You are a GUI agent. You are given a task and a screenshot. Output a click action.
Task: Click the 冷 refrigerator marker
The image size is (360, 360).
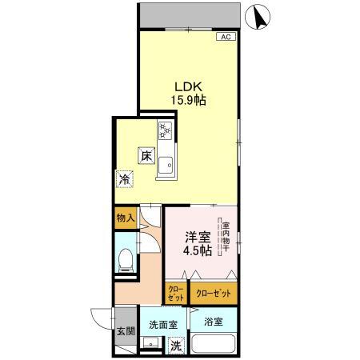click(124, 179)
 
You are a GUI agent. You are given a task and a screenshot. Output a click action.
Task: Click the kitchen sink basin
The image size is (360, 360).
click(166, 166)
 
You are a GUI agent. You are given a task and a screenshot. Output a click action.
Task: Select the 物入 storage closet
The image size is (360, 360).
click(124, 217)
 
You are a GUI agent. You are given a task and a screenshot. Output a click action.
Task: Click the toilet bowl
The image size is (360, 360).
click(125, 258)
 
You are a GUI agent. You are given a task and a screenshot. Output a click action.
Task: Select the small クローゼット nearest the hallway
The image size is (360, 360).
click(175, 294)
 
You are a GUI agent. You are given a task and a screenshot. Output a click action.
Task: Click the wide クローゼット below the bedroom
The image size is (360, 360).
click(214, 294)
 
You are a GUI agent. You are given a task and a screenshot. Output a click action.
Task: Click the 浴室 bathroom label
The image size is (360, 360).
click(213, 323)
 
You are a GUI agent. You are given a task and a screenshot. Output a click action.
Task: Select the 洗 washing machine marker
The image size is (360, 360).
click(176, 348)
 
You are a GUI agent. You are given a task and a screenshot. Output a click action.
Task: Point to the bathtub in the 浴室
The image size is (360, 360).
click(214, 347)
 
